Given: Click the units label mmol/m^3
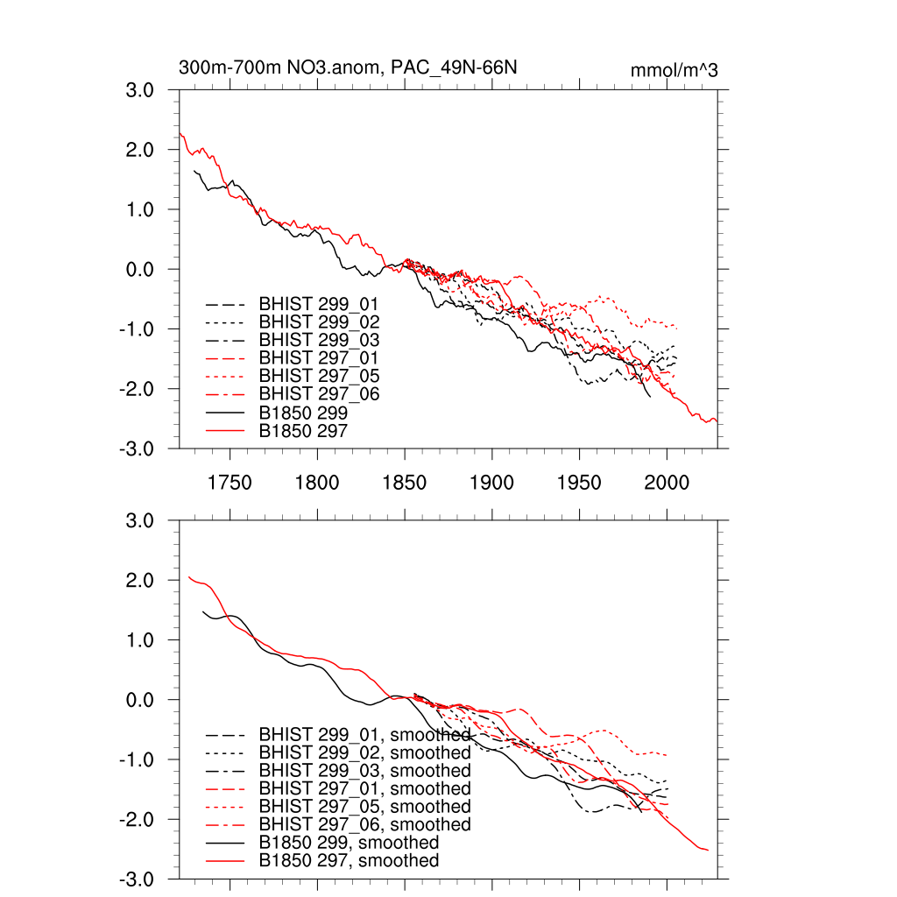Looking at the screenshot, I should [x=674, y=71].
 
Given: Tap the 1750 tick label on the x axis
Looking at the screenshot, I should [x=230, y=483].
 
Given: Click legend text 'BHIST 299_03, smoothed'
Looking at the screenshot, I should [x=364, y=771].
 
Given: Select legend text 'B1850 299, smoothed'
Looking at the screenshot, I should [x=349, y=843].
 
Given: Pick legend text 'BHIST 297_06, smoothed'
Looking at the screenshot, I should [x=364, y=824].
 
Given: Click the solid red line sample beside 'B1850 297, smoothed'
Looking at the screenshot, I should [x=224, y=861].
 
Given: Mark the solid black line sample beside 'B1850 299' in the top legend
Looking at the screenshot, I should [x=224, y=413].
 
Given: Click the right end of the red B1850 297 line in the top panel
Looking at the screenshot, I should [x=717, y=421].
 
